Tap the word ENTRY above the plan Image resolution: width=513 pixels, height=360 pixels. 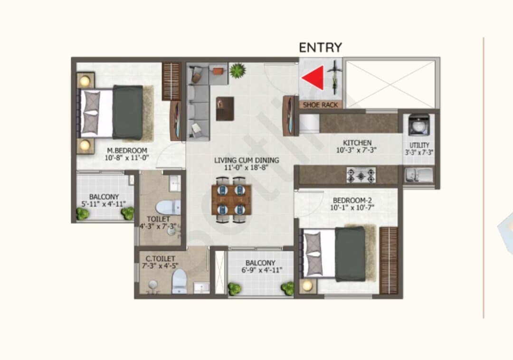(320, 48)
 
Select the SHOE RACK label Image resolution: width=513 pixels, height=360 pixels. (320, 105)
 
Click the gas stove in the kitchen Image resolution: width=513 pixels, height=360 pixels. (361, 175)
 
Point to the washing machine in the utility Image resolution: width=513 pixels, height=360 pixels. (418, 124)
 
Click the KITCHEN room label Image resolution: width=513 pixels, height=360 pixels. (357, 143)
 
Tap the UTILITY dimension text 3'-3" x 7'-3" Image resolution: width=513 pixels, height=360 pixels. (419, 152)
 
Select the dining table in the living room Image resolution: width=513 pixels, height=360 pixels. (231, 200)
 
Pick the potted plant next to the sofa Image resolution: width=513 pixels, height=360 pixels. (237, 71)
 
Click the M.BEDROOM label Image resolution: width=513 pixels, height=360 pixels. (127, 151)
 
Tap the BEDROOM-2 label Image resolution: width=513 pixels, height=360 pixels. (352, 200)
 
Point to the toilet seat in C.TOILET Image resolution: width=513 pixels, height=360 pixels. (179, 281)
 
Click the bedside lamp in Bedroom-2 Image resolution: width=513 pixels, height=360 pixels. (307, 286)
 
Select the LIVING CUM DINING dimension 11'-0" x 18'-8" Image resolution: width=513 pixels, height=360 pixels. (247, 168)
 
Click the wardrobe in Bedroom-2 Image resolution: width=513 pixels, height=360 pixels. (389, 260)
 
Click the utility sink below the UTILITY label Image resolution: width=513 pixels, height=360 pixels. (418, 175)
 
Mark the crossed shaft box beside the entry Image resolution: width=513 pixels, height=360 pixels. (390, 84)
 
